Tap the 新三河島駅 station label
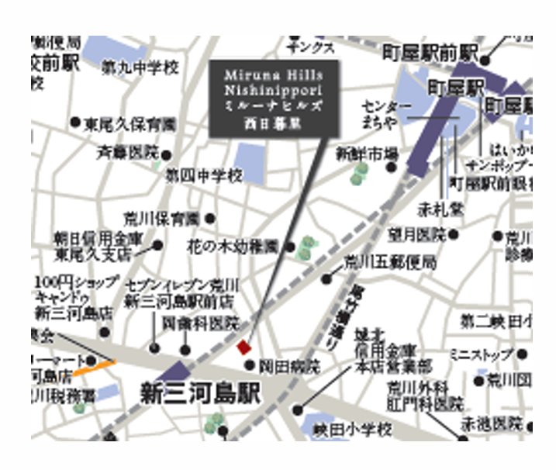(x=199, y=393)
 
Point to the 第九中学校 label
(x=140, y=68)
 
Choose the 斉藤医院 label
(x=126, y=153)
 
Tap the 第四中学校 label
(x=204, y=176)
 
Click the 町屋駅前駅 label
(x=430, y=54)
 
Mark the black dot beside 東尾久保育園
(x=75, y=123)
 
